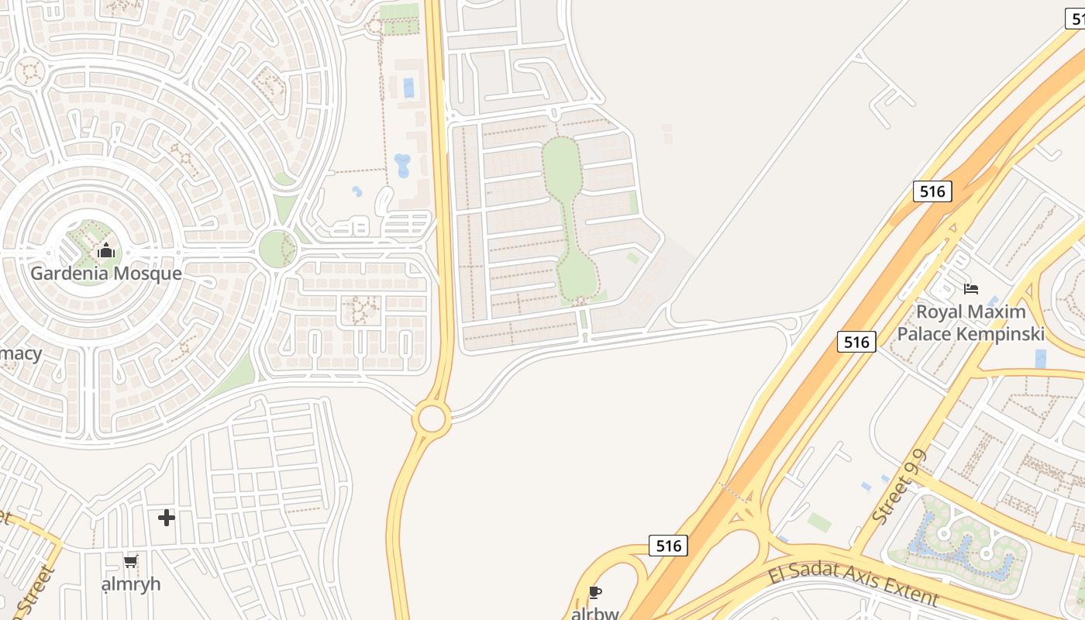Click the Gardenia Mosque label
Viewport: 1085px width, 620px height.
tap(106, 274)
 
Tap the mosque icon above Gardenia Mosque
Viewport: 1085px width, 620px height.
tap(106, 251)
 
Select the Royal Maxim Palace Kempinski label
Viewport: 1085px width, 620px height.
tap(970, 322)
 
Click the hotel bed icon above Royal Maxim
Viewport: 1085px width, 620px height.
tap(970, 289)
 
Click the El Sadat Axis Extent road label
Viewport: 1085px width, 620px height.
tap(853, 586)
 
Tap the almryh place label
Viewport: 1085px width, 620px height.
tap(131, 584)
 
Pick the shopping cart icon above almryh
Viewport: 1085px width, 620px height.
tap(131, 561)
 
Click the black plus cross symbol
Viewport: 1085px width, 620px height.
tap(167, 518)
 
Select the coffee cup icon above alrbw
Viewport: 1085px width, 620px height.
tap(594, 593)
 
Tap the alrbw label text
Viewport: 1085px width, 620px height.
tap(594, 613)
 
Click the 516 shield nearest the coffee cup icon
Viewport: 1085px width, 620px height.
tap(668, 546)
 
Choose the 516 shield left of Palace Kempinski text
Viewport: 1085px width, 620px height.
tap(856, 341)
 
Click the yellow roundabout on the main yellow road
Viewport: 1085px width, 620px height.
tap(432, 418)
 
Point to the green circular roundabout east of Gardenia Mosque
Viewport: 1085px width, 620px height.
tap(277, 249)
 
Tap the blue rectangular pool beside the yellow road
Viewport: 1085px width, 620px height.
tap(408, 88)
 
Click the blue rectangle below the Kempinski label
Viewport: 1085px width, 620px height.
tap(1040, 358)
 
